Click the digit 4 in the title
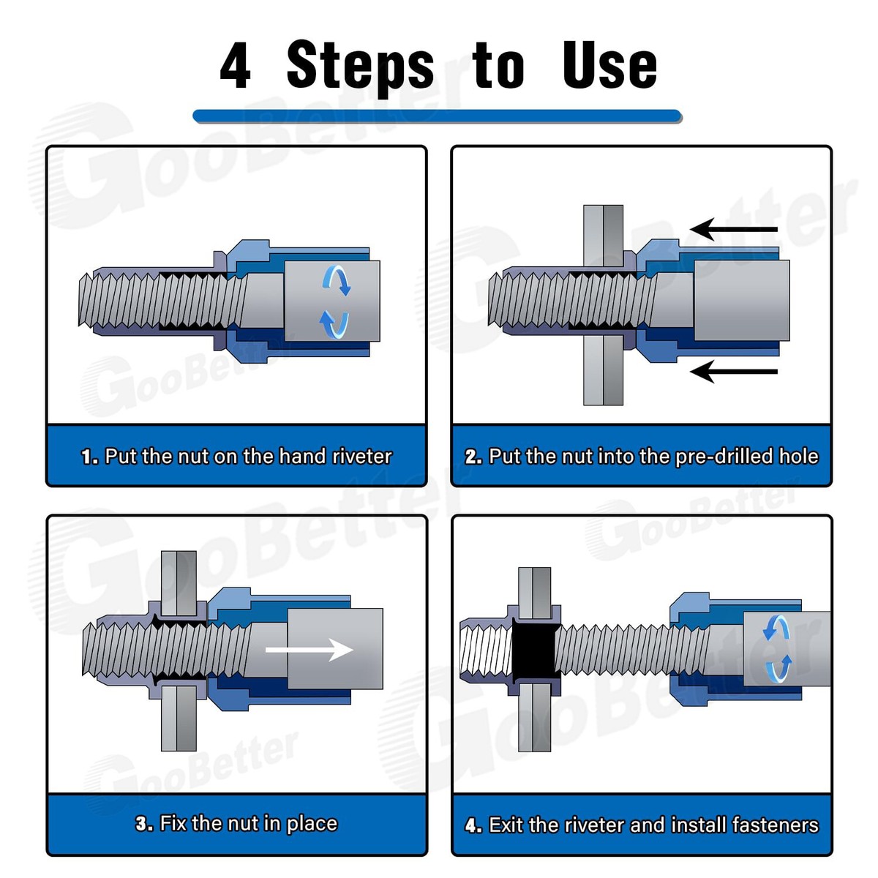(235, 65)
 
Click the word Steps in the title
(360, 68)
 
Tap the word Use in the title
(609, 65)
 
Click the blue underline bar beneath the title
(437, 116)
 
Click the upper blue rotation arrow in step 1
(337, 279)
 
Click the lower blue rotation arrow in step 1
(334, 325)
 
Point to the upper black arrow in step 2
(734, 229)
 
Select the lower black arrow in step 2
(734, 372)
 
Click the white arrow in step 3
(309, 649)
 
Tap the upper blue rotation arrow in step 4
(777, 629)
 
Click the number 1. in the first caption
(90, 457)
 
